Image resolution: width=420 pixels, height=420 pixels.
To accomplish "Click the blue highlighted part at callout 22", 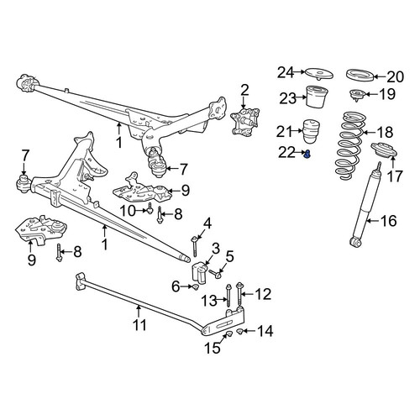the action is point(307,154).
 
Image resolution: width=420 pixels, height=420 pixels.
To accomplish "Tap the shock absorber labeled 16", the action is point(365,204).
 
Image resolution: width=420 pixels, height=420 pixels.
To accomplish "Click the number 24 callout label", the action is point(286,72).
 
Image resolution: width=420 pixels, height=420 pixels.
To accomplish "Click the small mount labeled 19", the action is point(357,95).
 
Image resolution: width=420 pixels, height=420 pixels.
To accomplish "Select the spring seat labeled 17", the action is point(384,150).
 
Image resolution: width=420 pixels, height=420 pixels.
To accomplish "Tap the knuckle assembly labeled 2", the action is point(245,122).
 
